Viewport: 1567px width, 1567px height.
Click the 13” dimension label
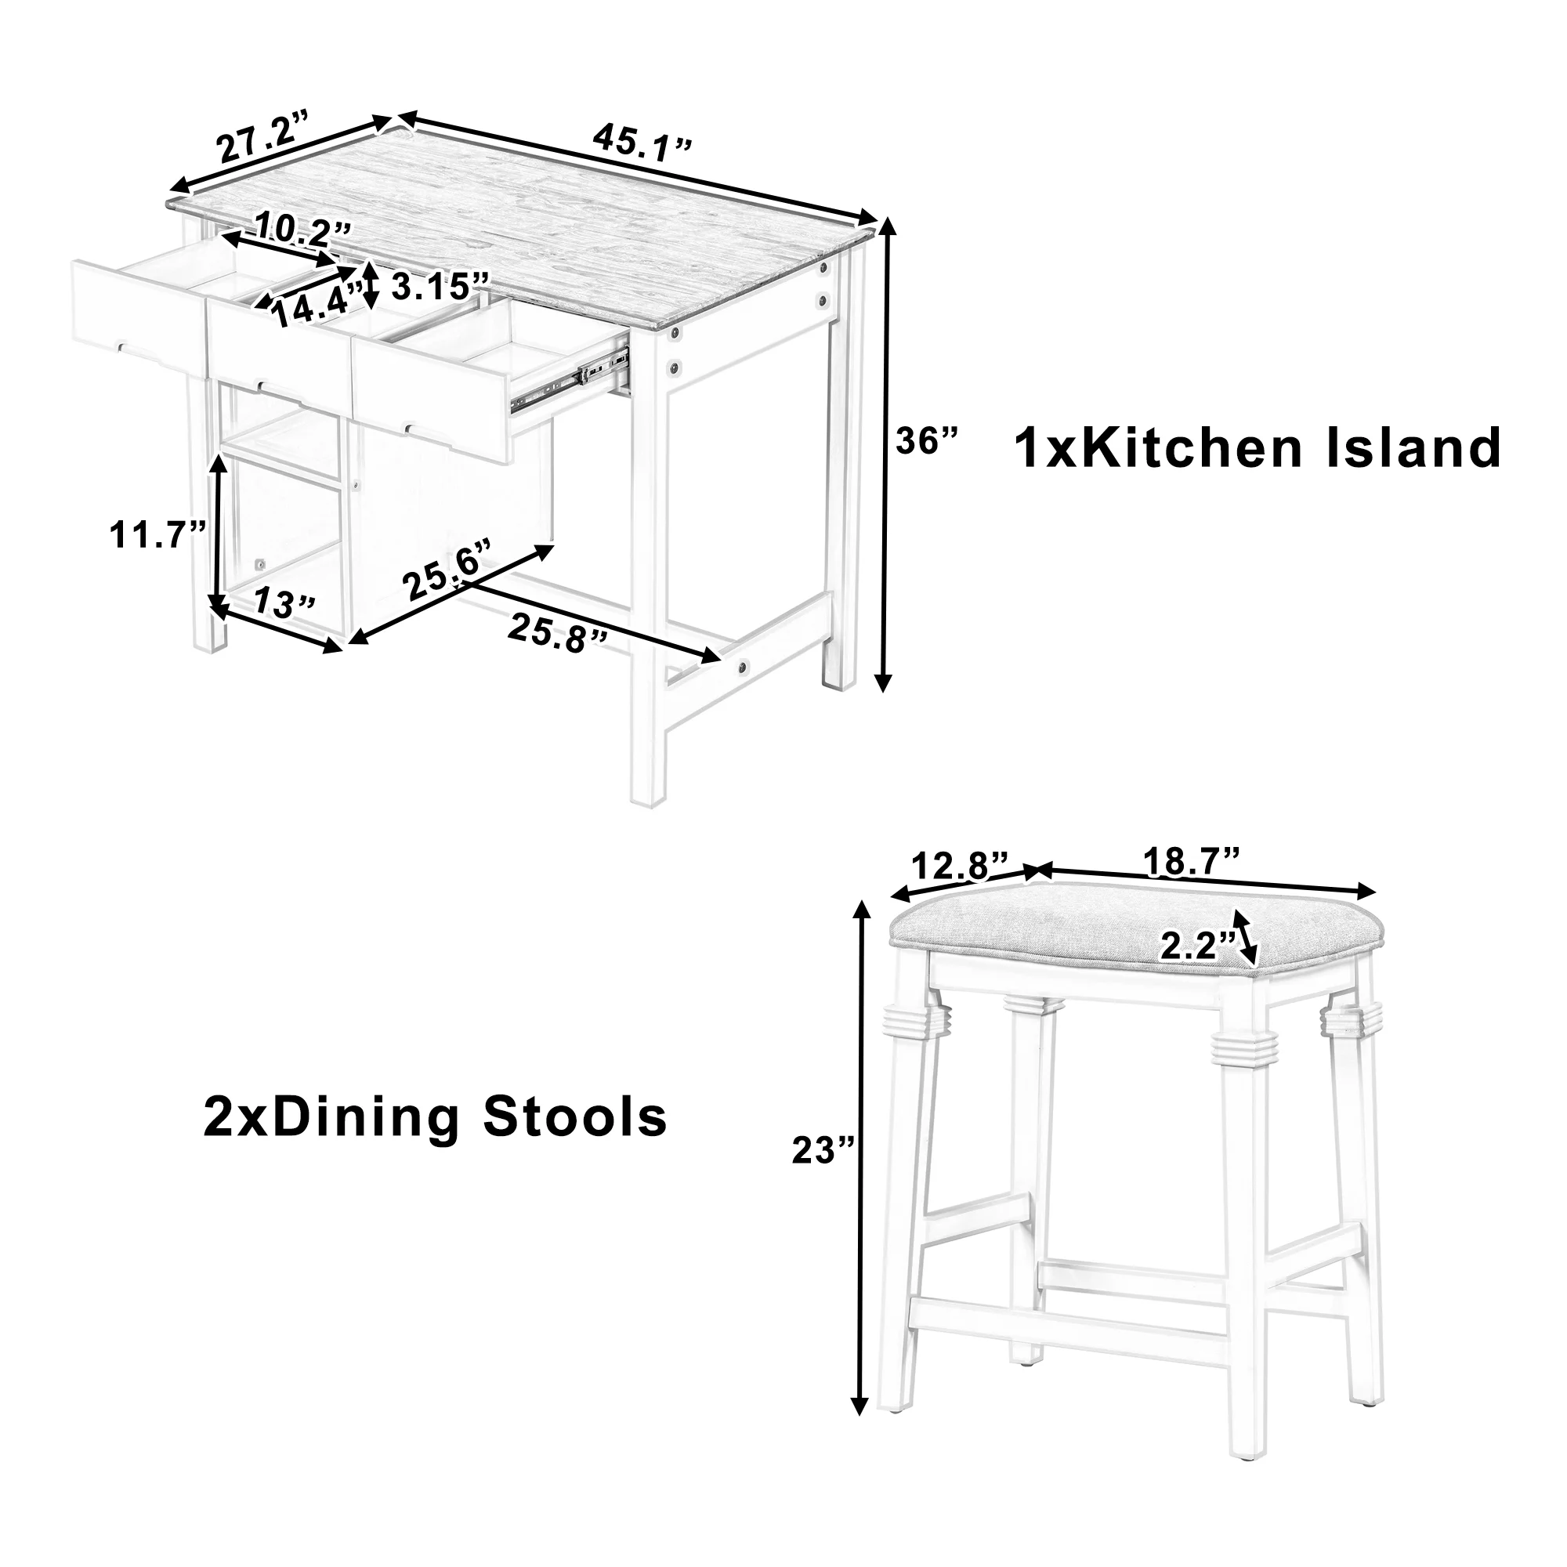pyautogui.click(x=284, y=603)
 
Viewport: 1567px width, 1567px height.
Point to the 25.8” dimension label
pyautogui.click(x=558, y=632)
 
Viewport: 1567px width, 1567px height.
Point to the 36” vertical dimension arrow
pyautogui.click(x=885, y=455)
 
